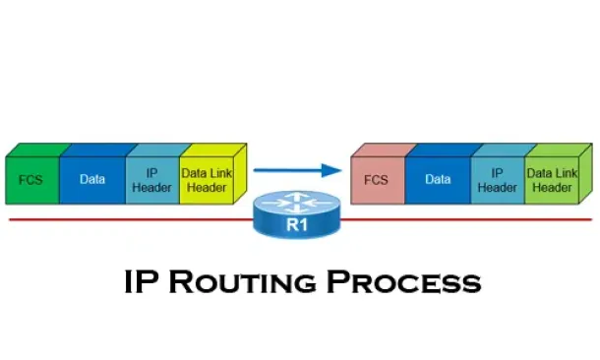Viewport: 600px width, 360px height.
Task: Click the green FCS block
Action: pos(32,180)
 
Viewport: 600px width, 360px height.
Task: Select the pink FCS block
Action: pos(378,180)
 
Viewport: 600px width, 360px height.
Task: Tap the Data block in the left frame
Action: pos(92,180)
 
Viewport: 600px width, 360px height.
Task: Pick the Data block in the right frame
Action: pos(438,180)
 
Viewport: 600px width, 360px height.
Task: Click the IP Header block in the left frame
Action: pos(152,180)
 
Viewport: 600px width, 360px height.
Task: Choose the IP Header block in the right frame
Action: pos(498,180)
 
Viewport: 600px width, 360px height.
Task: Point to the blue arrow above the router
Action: pos(298,170)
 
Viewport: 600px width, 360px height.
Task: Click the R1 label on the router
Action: pos(297,224)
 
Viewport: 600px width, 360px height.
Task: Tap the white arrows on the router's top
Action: pos(296,203)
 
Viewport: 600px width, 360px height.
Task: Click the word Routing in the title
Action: pos(243,282)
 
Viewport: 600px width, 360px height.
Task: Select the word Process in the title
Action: pos(403,282)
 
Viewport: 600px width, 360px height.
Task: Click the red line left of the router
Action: pos(131,219)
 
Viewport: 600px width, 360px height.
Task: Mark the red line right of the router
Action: pos(466,219)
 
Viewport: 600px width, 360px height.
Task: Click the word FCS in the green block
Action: pos(30,180)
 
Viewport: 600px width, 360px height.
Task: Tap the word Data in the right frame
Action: pos(438,179)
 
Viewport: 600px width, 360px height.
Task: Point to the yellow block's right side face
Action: pos(240,173)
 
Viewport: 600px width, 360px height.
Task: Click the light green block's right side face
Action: pos(586,173)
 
